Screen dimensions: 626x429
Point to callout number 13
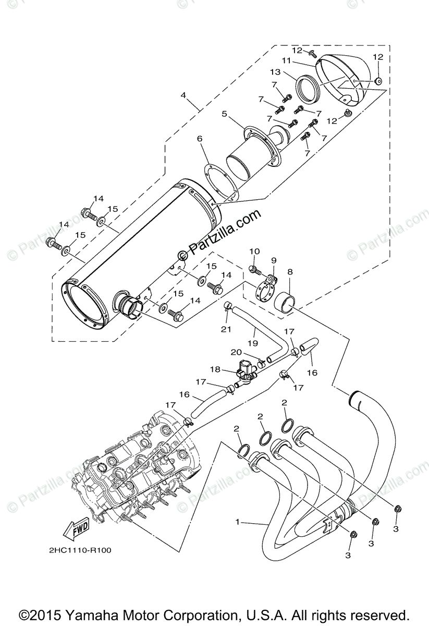coord(275,71)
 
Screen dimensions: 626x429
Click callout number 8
coord(290,271)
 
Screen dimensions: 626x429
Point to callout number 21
coord(225,328)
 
